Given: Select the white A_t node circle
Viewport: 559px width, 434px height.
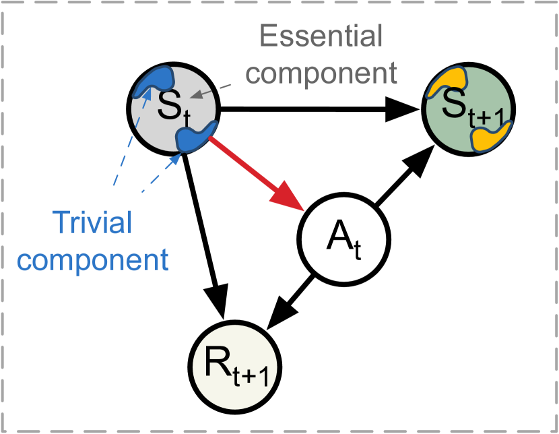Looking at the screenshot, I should click(343, 239).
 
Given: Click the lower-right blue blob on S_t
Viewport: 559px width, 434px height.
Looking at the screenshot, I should click(195, 137).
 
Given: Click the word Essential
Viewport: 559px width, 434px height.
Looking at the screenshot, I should click(321, 37).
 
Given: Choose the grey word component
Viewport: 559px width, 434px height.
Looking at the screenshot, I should click(326, 73).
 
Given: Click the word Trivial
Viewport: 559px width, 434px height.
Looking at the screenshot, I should click(92, 222).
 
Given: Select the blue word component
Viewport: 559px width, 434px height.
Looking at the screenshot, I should click(93, 259).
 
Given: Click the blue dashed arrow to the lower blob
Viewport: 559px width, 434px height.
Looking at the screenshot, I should click(162, 173).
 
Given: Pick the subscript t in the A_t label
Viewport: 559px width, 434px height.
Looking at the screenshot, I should click(358, 251).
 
